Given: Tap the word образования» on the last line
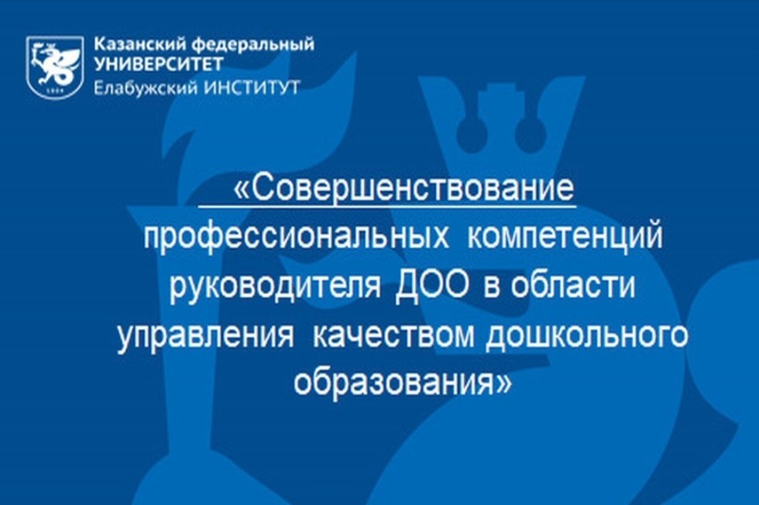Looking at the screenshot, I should (x=403, y=383).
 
